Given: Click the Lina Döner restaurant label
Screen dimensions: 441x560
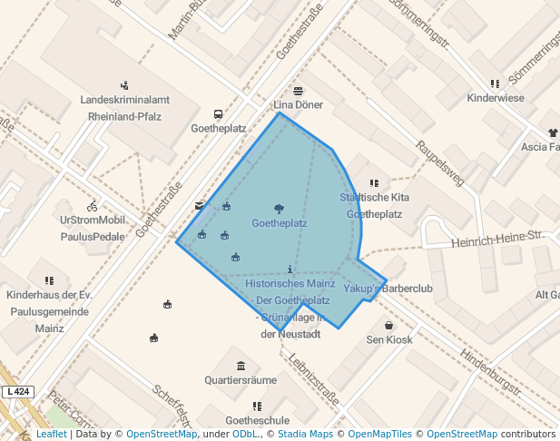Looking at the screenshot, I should coord(299,105).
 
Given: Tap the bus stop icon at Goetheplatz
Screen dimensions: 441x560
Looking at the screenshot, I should coord(218,114).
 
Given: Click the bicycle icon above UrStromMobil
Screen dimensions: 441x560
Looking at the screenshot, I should coord(93,206).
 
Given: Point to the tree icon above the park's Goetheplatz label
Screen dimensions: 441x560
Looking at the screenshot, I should coord(279,209).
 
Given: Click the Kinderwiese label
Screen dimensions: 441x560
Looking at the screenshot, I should coord(495,97).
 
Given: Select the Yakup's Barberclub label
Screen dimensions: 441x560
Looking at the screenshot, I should coord(389,289).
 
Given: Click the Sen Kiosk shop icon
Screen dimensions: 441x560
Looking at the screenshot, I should coord(389,326).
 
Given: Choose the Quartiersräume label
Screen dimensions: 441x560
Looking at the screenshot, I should coord(241,380).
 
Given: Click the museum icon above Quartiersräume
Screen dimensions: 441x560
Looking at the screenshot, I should coord(241,366).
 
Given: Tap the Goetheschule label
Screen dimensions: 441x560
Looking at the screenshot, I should coord(258,420).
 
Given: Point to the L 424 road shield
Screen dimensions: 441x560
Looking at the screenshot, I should coord(17,392).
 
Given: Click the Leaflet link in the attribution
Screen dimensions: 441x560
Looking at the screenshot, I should coord(51,435).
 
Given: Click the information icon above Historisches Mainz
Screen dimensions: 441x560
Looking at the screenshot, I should coord(290,269).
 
